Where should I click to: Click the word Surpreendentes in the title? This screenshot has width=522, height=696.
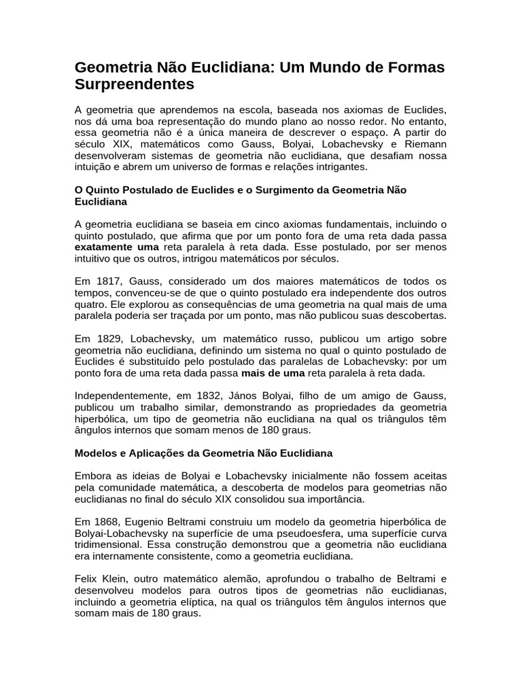pos(134,84)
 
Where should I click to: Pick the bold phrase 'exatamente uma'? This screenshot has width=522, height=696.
pos(116,247)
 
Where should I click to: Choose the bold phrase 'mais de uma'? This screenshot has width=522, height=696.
pos(273,373)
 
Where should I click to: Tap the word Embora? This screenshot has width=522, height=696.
pos(92,476)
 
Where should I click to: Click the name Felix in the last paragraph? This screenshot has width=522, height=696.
pos(87,579)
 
